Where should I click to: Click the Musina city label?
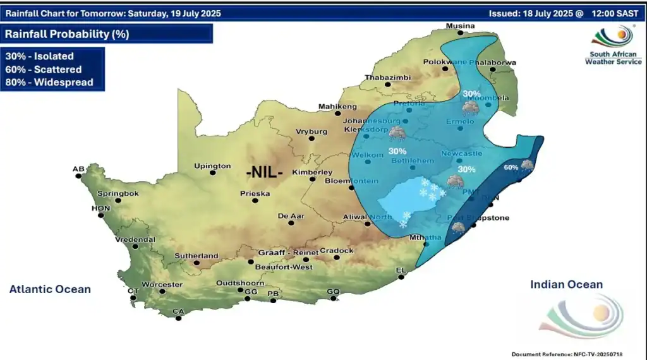(x=460, y=26)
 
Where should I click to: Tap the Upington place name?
(x=212, y=166)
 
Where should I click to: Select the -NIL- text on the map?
(x=264, y=171)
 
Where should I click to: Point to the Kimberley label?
(x=312, y=172)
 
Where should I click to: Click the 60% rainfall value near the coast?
(x=511, y=167)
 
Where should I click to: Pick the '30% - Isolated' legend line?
(x=40, y=56)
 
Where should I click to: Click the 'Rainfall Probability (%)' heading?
(x=67, y=34)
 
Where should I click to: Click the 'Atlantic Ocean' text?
(x=50, y=289)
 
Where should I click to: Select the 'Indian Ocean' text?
(x=566, y=285)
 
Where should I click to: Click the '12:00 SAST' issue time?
(x=616, y=13)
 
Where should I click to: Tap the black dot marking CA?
(x=179, y=318)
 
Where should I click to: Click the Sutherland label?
(x=197, y=256)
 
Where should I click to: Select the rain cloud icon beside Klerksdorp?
(x=398, y=133)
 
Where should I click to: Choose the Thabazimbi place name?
(x=387, y=78)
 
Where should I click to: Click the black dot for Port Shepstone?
(x=473, y=225)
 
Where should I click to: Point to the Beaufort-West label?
(x=288, y=267)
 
